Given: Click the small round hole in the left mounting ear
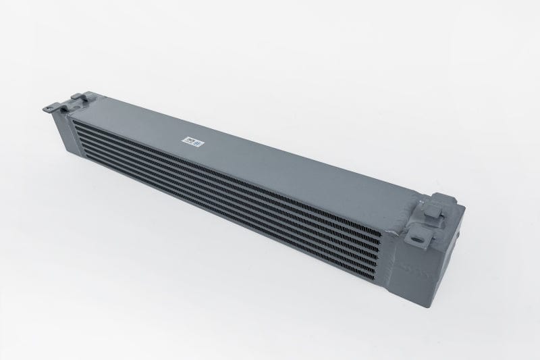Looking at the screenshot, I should pos(52,106).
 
